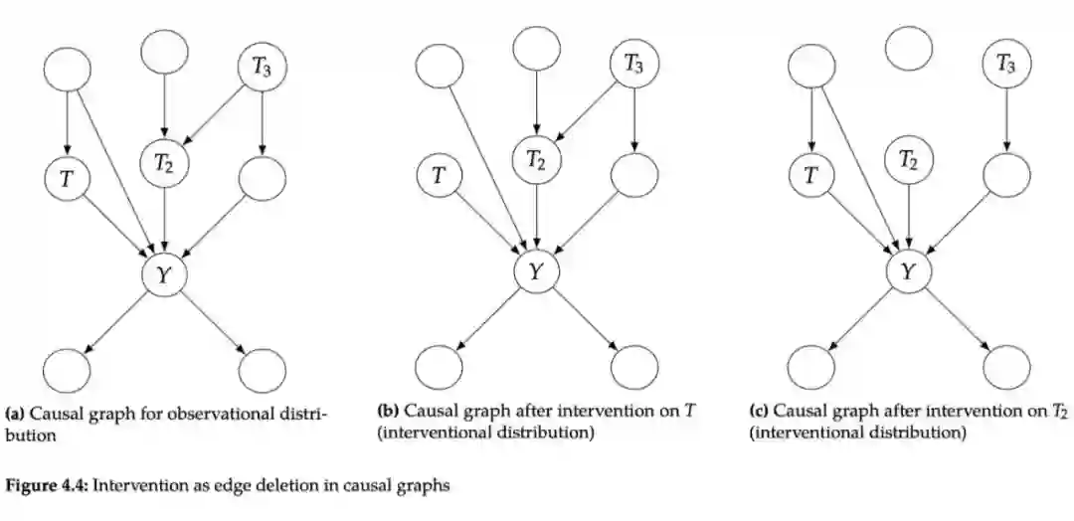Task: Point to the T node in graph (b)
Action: tap(440, 178)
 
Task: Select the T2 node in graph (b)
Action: tap(537, 157)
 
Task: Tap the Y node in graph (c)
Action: tap(908, 272)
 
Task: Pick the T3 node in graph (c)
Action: tap(1006, 66)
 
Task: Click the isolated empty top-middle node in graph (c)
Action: tap(908, 49)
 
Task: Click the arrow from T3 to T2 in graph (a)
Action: tap(215, 111)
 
